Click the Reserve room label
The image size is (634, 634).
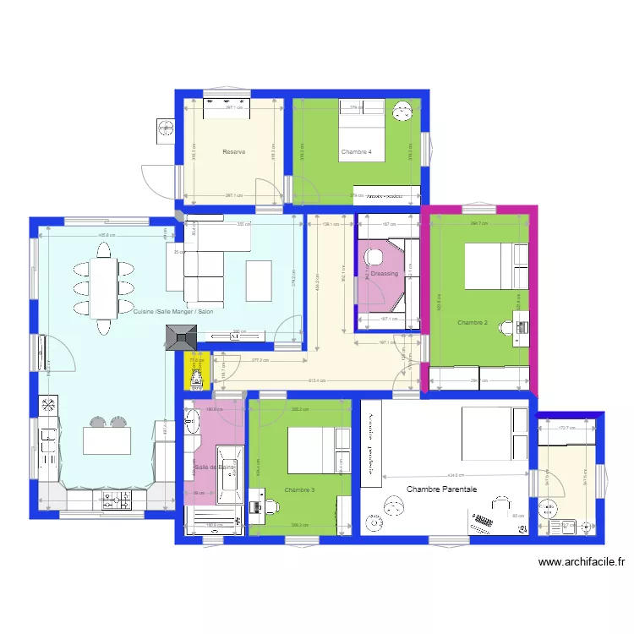234,152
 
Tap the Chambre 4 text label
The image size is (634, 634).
357,152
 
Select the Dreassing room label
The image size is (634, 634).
384,274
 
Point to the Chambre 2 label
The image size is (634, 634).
473,322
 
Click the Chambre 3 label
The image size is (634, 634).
300,490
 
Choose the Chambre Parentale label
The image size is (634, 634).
441,489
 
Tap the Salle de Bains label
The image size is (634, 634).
214,467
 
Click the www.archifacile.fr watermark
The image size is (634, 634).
581,561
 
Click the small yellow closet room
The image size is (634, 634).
196,370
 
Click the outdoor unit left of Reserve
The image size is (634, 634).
163,128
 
